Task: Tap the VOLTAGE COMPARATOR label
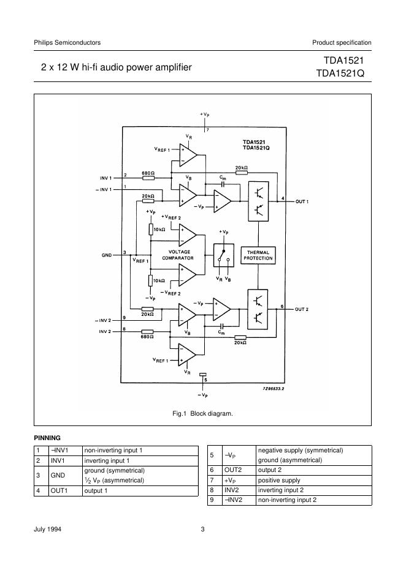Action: tap(179, 255)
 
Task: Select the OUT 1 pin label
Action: tap(301, 201)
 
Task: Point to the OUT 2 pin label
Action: tap(301, 309)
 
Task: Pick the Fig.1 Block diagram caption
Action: tap(202, 414)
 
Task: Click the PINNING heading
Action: tap(47, 438)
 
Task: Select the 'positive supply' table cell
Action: tap(279, 481)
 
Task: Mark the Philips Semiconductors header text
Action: tap(67, 42)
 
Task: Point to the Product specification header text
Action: tap(342, 42)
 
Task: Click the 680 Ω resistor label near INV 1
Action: tap(148, 173)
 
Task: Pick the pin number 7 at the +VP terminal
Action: tap(208, 130)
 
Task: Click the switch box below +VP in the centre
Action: tap(223, 255)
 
